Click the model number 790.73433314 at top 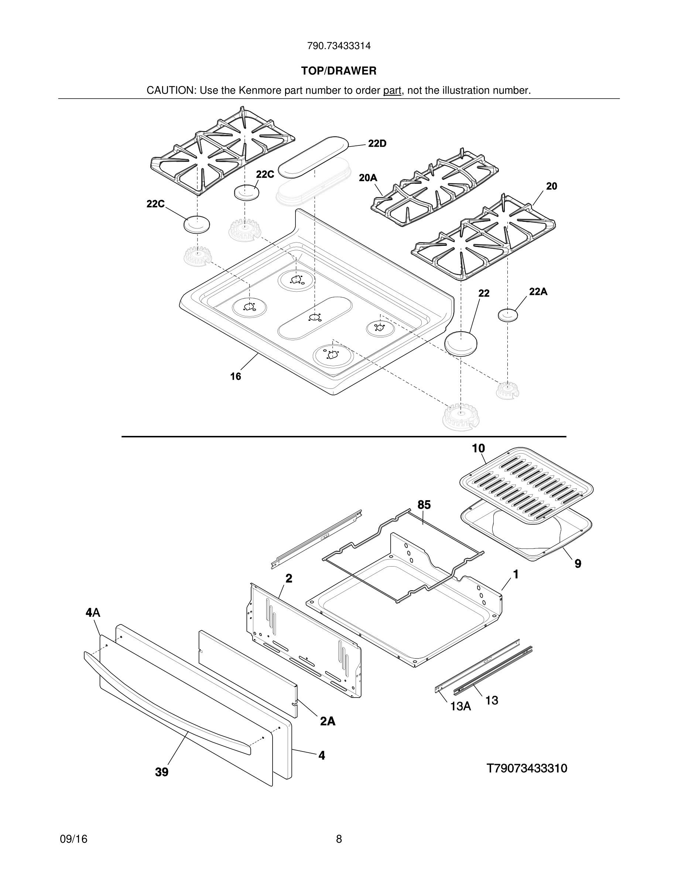(x=339, y=46)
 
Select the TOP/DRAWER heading (x=339, y=71)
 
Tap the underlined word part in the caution (x=392, y=91)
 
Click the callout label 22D (x=377, y=144)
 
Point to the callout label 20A (x=368, y=178)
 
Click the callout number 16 (x=235, y=376)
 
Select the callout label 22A (x=538, y=292)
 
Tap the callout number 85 (x=424, y=505)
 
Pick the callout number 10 (x=478, y=448)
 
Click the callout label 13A (x=460, y=706)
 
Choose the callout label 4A (x=93, y=612)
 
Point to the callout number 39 (x=162, y=772)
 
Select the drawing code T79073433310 (x=527, y=768)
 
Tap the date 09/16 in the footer (x=73, y=839)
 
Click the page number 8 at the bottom (x=339, y=839)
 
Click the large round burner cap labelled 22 (x=461, y=343)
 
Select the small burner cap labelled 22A (x=508, y=315)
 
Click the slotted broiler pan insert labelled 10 (x=526, y=486)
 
